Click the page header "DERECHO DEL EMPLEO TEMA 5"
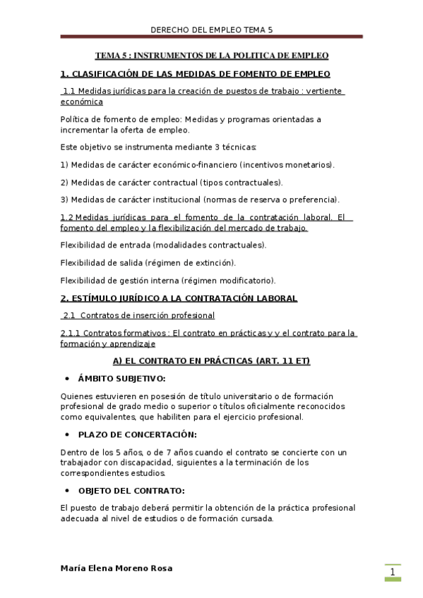[211, 30]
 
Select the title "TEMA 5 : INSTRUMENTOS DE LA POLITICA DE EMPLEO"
[212, 55]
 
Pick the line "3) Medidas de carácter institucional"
[200, 199]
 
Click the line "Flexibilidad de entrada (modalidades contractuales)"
[164, 245]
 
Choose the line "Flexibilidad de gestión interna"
[168, 280]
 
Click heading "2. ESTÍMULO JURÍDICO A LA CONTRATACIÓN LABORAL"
[179, 298]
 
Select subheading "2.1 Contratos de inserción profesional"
[138, 315]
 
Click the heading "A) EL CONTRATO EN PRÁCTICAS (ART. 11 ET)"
[211, 360]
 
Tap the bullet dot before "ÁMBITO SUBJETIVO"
[66, 379]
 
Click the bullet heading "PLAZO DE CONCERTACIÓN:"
[137, 434]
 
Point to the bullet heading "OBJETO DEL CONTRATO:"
[131, 490]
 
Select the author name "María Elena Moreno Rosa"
[116, 568]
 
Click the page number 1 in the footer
[392, 572]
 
